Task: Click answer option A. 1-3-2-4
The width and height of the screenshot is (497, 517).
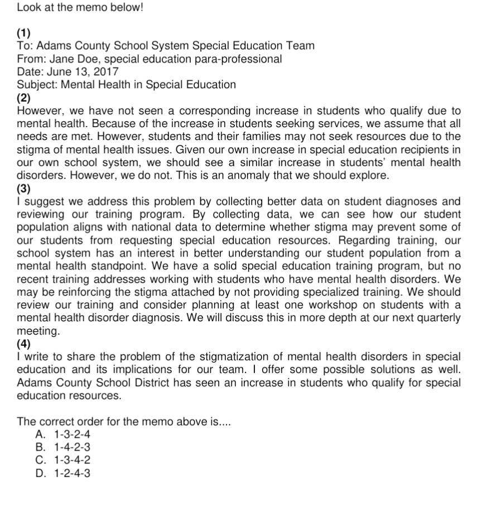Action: pos(71,434)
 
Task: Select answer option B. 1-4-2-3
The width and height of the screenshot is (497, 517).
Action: pos(71,447)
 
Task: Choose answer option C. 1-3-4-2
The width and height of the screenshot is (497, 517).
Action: pos(71,460)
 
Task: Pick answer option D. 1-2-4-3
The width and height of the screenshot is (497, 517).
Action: pos(71,473)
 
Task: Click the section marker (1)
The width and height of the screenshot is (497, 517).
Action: pos(24,33)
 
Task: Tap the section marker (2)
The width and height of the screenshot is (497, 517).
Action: pos(24,98)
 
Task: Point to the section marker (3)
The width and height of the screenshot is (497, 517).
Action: pos(24,189)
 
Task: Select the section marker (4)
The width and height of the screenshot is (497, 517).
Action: pos(24,344)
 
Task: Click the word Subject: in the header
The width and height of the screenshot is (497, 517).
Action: pos(37,85)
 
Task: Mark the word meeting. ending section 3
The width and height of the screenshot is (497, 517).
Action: pos(38,331)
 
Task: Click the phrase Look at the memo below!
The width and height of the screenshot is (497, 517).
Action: pos(80,8)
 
